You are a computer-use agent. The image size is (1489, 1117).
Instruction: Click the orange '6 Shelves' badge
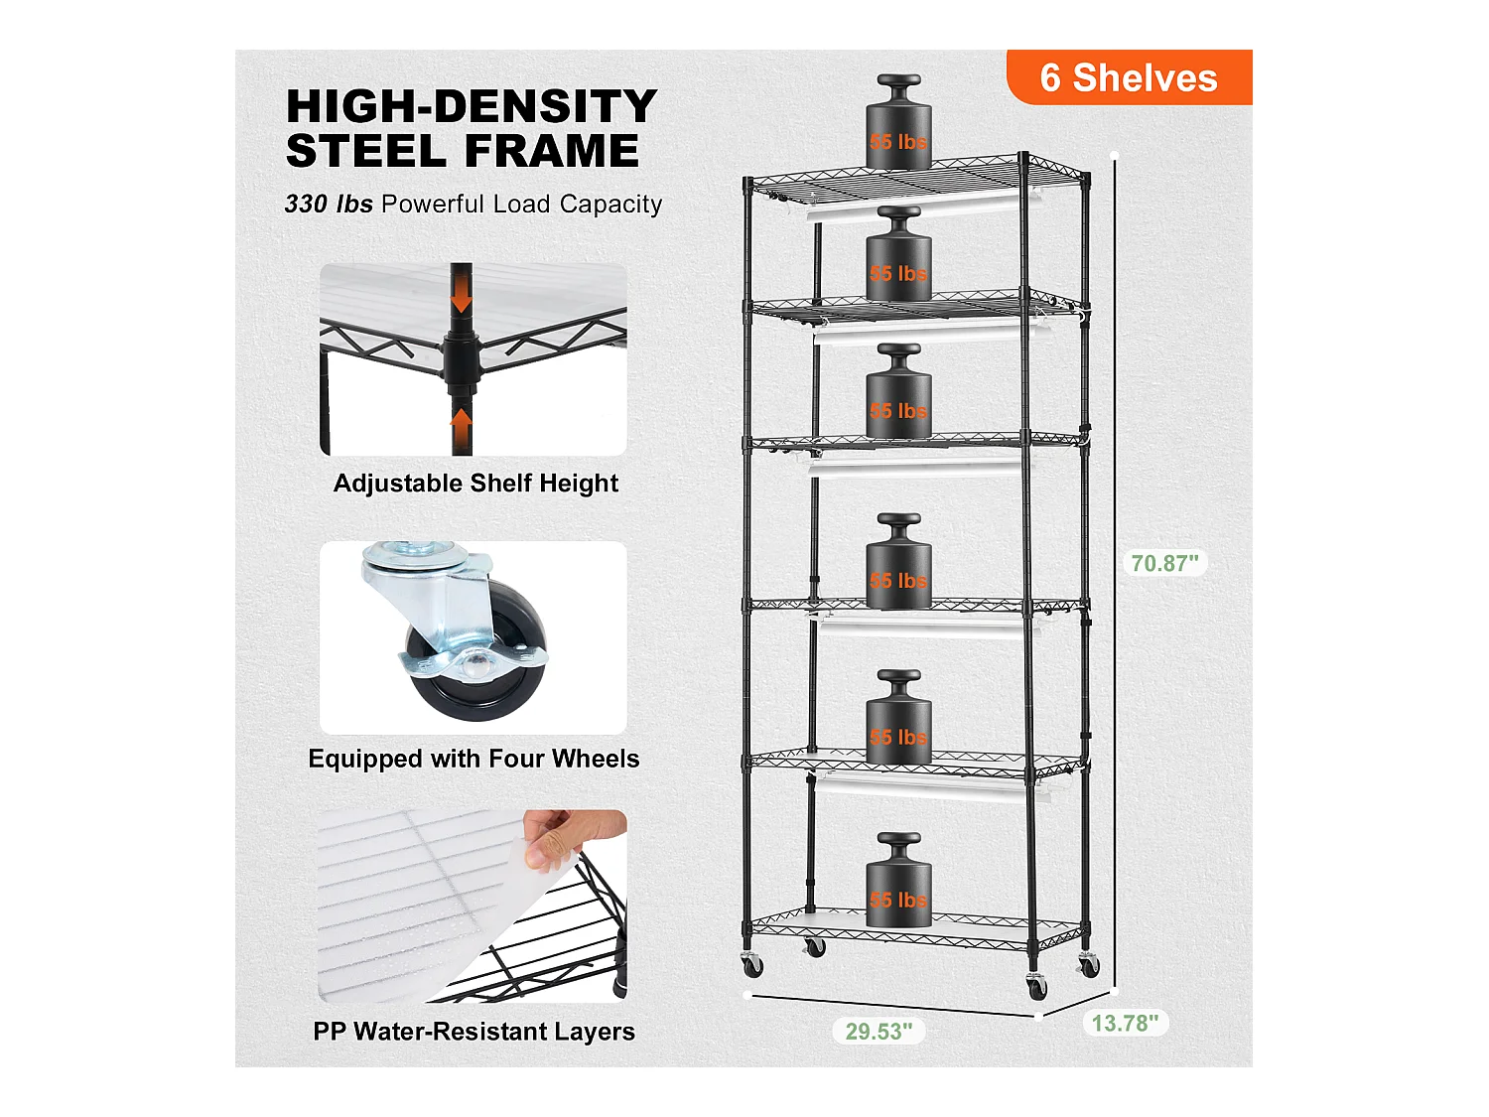[x=1129, y=77]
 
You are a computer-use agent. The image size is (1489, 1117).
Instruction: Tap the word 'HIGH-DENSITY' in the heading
[x=472, y=106]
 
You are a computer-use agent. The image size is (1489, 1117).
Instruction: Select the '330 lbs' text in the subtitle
[x=328, y=205]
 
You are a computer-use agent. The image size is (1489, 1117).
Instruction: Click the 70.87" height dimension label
[x=1164, y=563]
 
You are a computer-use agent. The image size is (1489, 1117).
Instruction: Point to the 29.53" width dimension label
[x=879, y=1032]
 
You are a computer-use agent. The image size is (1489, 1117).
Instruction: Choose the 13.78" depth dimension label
[x=1125, y=1024]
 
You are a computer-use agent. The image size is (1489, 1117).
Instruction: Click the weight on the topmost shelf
[x=898, y=124]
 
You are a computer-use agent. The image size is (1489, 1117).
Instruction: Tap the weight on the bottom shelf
[x=898, y=882]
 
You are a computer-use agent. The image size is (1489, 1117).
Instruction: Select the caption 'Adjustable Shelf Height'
[x=475, y=484]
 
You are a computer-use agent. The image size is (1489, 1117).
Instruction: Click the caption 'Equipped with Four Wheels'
[x=474, y=759]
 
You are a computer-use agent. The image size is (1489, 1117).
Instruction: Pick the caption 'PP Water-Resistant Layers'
[x=474, y=1032]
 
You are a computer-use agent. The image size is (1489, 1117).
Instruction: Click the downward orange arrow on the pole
[x=461, y=295]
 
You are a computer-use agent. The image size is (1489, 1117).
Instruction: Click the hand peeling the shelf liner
[x=571, y=839]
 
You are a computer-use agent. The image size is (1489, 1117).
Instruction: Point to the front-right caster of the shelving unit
[x=1036, y=987]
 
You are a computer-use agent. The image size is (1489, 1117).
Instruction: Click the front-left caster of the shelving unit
[x=752, y=963]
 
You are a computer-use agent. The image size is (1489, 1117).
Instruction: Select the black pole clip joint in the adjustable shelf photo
[x=461, y=359]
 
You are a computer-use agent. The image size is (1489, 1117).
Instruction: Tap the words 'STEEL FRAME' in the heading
[x=463, y=151]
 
